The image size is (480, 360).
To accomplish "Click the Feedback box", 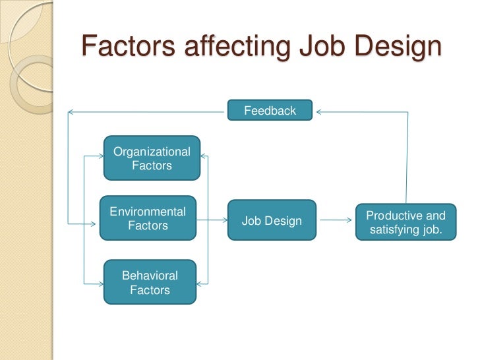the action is pos(270,111).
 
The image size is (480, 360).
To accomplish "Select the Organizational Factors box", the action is pos(152,158).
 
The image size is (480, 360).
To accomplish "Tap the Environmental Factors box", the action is pos(148,218).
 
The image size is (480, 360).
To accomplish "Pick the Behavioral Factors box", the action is pos(150,282).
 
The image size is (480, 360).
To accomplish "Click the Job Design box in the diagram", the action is pos(272,221).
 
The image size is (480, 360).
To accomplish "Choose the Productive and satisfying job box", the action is pos(405,223).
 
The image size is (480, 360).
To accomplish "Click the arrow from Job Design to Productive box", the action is pos(336,222).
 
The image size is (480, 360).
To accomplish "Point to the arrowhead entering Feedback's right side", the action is pos(319,112).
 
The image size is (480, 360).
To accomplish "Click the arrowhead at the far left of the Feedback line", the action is pos(71,112).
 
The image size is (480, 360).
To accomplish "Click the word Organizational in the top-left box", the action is pos(152,152).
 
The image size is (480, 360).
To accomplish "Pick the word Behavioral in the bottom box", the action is pos(150,276).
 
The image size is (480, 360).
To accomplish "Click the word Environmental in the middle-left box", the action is pos(148,212).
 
